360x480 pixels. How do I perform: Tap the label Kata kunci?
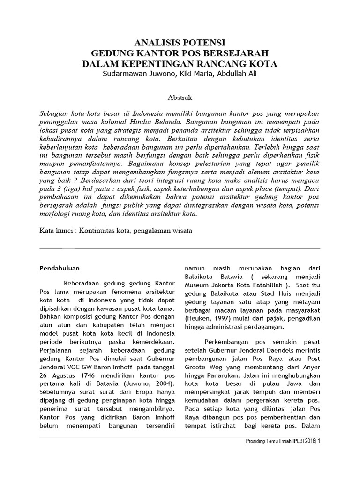pyautogui.click(x=57, y=231)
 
